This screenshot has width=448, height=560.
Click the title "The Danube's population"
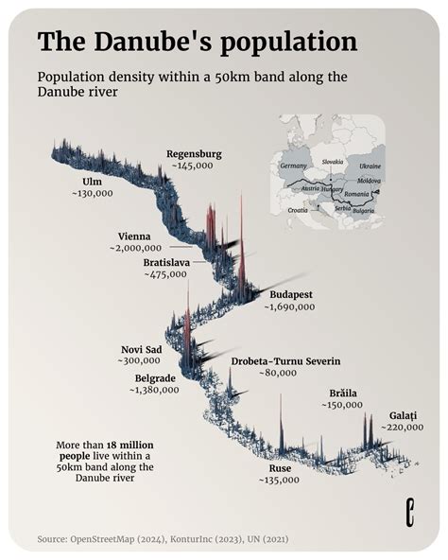tap(197, 42)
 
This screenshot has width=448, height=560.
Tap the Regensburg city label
tap(194, 153)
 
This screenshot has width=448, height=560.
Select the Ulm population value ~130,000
tap(92, 192)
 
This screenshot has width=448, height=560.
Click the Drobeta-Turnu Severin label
tap(285, 361)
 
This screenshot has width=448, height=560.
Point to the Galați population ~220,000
tap(402, 428)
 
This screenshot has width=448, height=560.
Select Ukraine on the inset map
tap(370, 166)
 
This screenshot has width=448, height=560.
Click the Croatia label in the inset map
tap(300, 209)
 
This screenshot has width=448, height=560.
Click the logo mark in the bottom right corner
tap(409, 514)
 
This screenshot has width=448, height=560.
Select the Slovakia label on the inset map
tap(332, 162)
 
